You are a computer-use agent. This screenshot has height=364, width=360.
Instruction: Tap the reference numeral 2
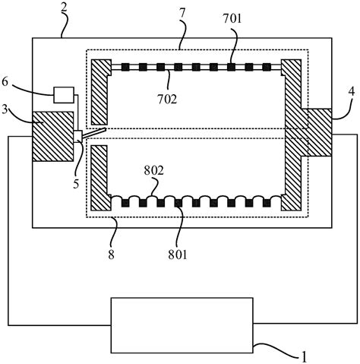pyautogui.click(x=64, y=9)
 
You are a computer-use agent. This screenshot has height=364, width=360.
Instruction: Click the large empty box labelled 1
pyautogui.click(x=182, y=325)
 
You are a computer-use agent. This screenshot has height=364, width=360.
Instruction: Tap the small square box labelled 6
pyautogui.click(x=64, y=95)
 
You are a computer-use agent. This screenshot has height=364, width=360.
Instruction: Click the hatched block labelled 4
pyautogui.click(x=319, y=132)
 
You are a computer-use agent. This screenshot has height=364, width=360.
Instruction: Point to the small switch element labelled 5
pyautogui.click(x=77, y=137)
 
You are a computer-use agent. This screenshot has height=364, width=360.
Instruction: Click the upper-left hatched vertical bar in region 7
pyautogui.click(x=101, y=92)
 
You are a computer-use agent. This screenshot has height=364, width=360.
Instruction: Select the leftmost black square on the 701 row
pyautogui.click(x=125, y=68)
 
